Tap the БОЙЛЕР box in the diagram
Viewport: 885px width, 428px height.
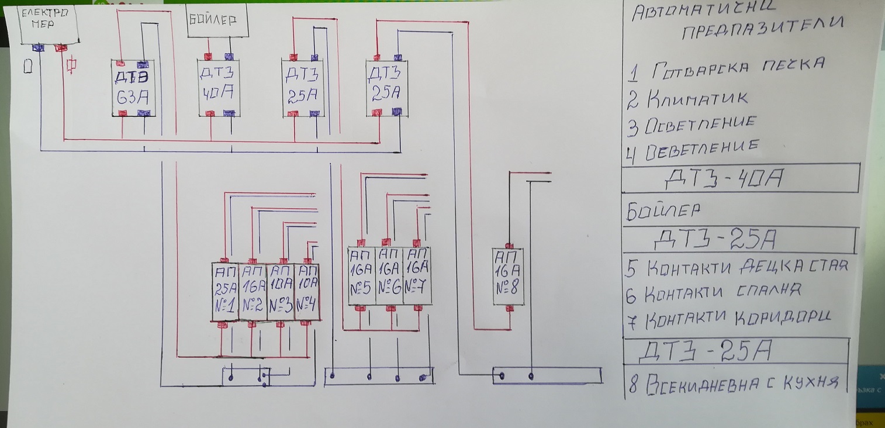pyautogui.click(x=217, y=21)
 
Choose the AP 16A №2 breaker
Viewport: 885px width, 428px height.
pyautogui.click(x=253, y=292)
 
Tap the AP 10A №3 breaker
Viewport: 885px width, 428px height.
pyautogui.click(x=280, y=292)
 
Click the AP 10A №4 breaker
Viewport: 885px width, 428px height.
pyautogui.click(x=307, y=292)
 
